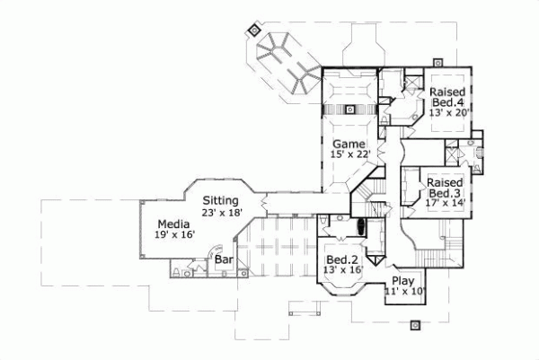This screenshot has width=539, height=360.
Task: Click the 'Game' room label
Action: coord(348,144)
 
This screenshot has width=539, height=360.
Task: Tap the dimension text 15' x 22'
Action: coord(349,154)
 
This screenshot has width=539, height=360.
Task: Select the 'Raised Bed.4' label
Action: coord(446,99)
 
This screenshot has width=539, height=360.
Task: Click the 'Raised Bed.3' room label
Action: coord(445,187)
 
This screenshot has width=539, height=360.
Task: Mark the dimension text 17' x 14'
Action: coord(445,204)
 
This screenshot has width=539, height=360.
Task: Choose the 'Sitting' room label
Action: coord(221,199)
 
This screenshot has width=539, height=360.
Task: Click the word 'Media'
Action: coord(172,224)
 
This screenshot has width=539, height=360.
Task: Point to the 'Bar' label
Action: coord(224,260)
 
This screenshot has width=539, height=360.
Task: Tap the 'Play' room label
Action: coord(404,280)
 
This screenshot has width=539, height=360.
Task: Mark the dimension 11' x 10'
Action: coord(404,292)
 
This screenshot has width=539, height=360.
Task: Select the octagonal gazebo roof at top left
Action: coord(269,46)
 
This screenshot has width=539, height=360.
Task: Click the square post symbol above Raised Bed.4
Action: coord(437,61)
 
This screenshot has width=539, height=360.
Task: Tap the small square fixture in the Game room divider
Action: coord(349,110)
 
